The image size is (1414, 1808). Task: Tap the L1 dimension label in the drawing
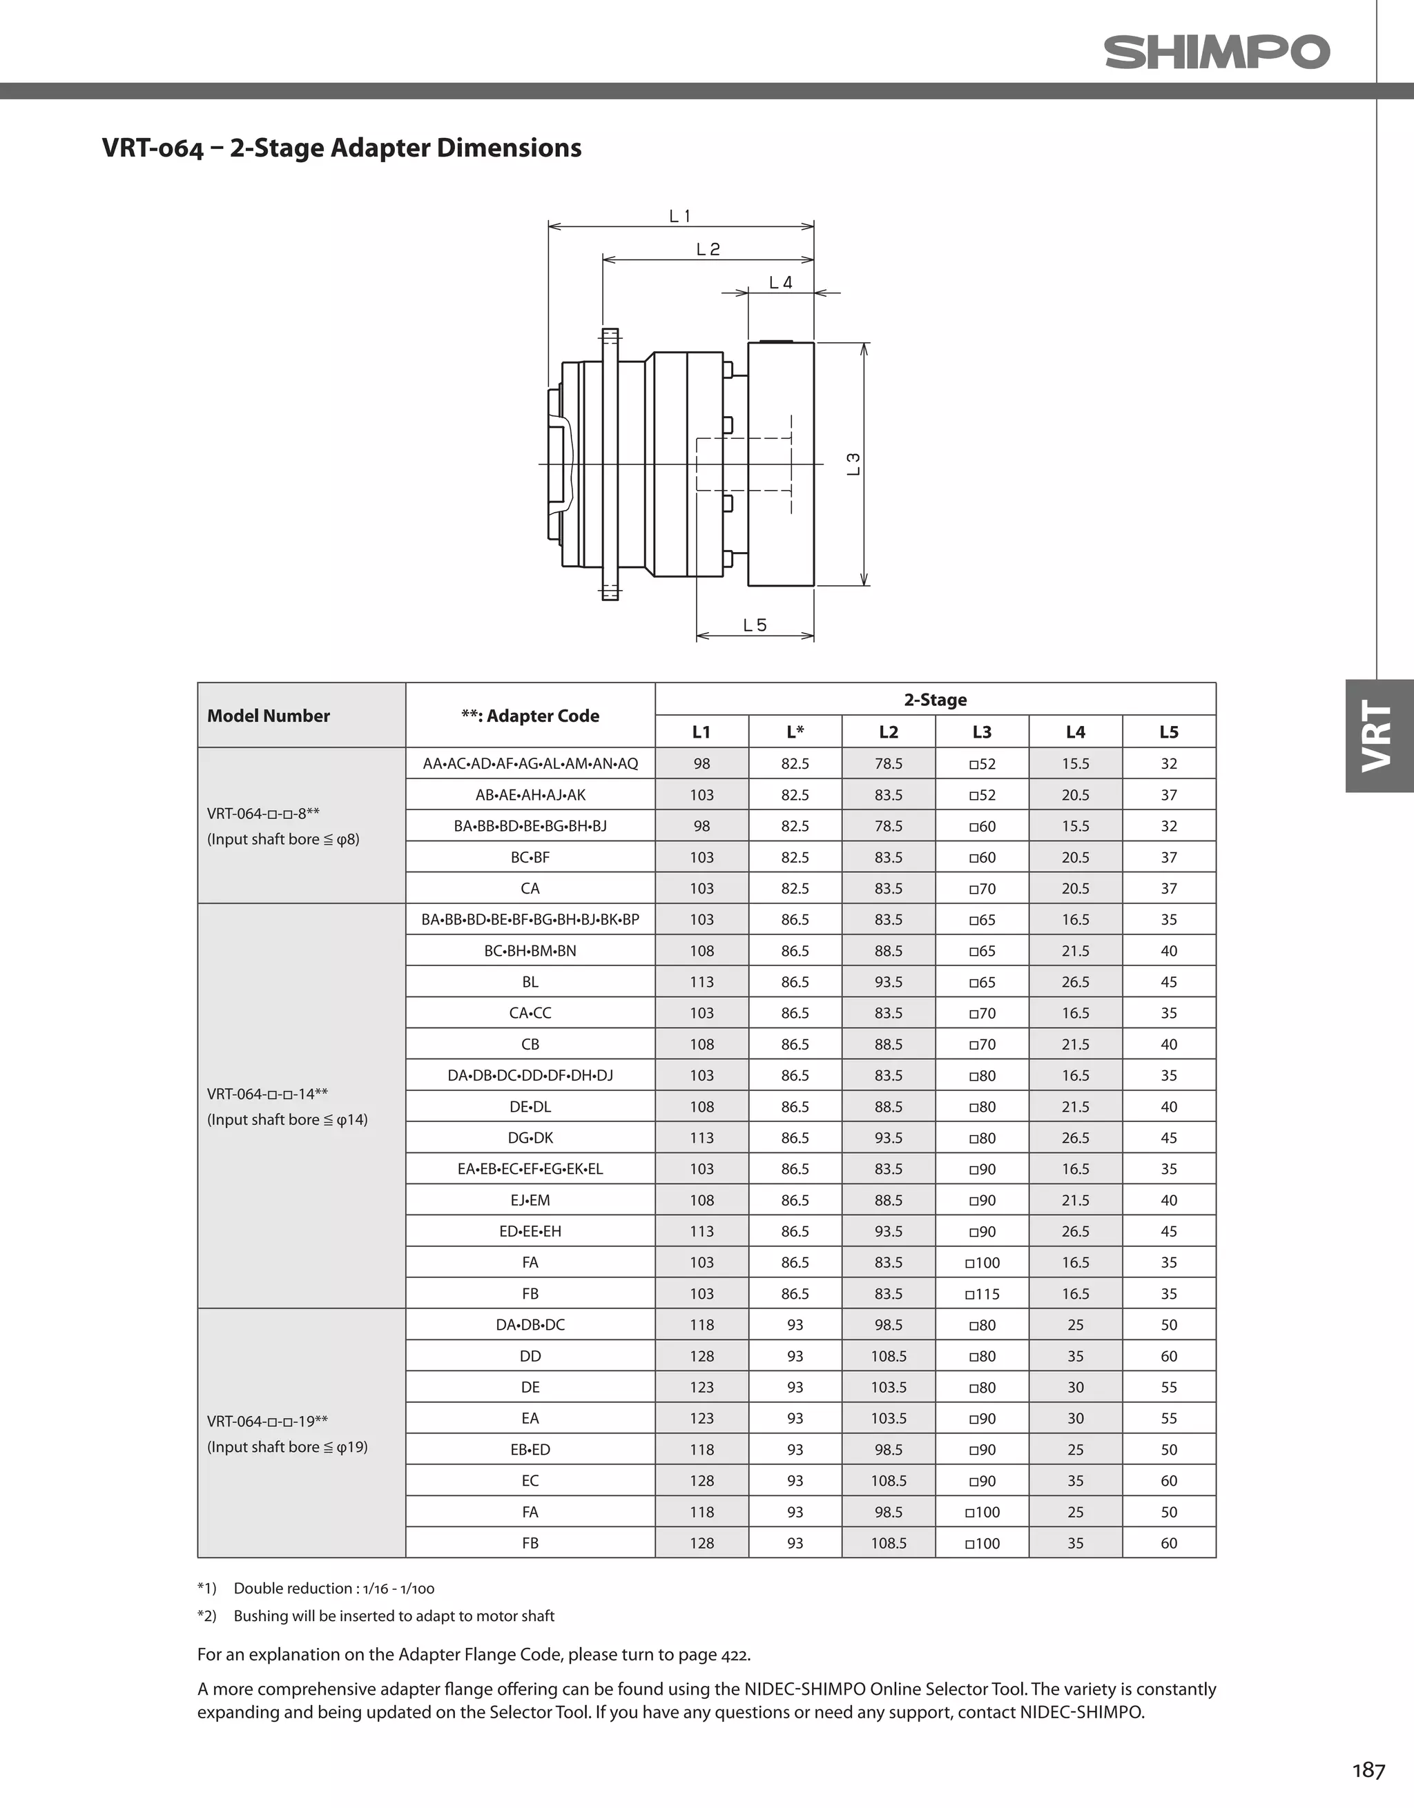(679, 216)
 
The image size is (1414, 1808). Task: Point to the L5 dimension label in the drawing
(755, 625)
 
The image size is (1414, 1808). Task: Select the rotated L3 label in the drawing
(853, 464)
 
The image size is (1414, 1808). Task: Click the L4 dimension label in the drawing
(780, 282)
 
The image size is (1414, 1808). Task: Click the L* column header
(795, 731)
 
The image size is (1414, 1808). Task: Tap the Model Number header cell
(269, 715)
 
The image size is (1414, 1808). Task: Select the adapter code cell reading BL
(530, 982)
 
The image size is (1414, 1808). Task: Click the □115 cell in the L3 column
(982, 1294)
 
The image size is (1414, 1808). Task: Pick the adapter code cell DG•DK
(530, 1137)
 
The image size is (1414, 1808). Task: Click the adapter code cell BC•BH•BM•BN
(530, 950)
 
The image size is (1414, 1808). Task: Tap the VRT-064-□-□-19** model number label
(267, 1422)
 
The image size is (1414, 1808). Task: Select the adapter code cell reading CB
(530, 1044)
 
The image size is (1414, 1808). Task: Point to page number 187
(1368, 1770)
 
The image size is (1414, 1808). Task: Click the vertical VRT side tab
(1378, 735)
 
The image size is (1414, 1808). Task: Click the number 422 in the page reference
(734, 1655)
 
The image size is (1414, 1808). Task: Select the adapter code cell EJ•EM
(530, 1200)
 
